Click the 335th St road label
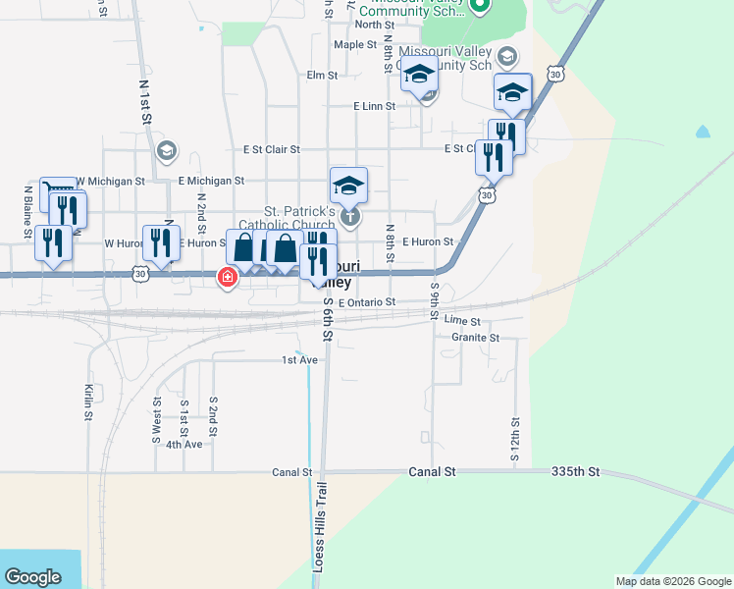576,472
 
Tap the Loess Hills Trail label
318,526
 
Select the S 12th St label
514,439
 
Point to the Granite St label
476,338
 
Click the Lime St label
462,321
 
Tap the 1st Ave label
300,360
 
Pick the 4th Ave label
183,445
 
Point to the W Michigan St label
110,182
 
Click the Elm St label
322,75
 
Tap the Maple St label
355,45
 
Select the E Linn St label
375,106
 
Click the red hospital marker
228,279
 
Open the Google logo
33,577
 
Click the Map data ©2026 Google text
673,581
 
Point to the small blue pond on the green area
703,131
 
